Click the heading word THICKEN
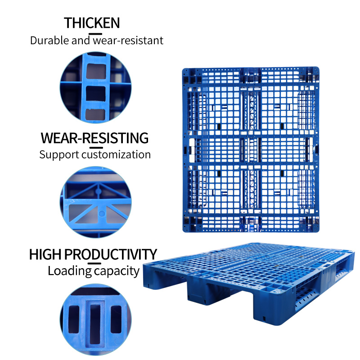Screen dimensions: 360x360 (92, 23)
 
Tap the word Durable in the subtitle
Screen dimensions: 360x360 (49, 40)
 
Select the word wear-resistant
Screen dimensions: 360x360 (128, 40)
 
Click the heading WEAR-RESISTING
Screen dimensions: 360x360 (94, 138)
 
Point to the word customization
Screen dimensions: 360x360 (116, 155)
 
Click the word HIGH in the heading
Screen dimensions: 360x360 (45, 254)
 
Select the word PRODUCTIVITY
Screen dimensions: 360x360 (110, 254)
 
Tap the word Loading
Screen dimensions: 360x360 (70, 271)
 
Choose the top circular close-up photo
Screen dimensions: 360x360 (95, 87)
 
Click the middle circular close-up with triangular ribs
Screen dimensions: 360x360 (95, 202)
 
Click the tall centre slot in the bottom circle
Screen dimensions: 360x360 (95, 324)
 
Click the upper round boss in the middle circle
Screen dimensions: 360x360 (99, 191)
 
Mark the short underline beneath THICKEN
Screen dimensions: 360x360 (95, 34)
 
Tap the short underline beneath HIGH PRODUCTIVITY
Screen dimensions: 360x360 (94, 264)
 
